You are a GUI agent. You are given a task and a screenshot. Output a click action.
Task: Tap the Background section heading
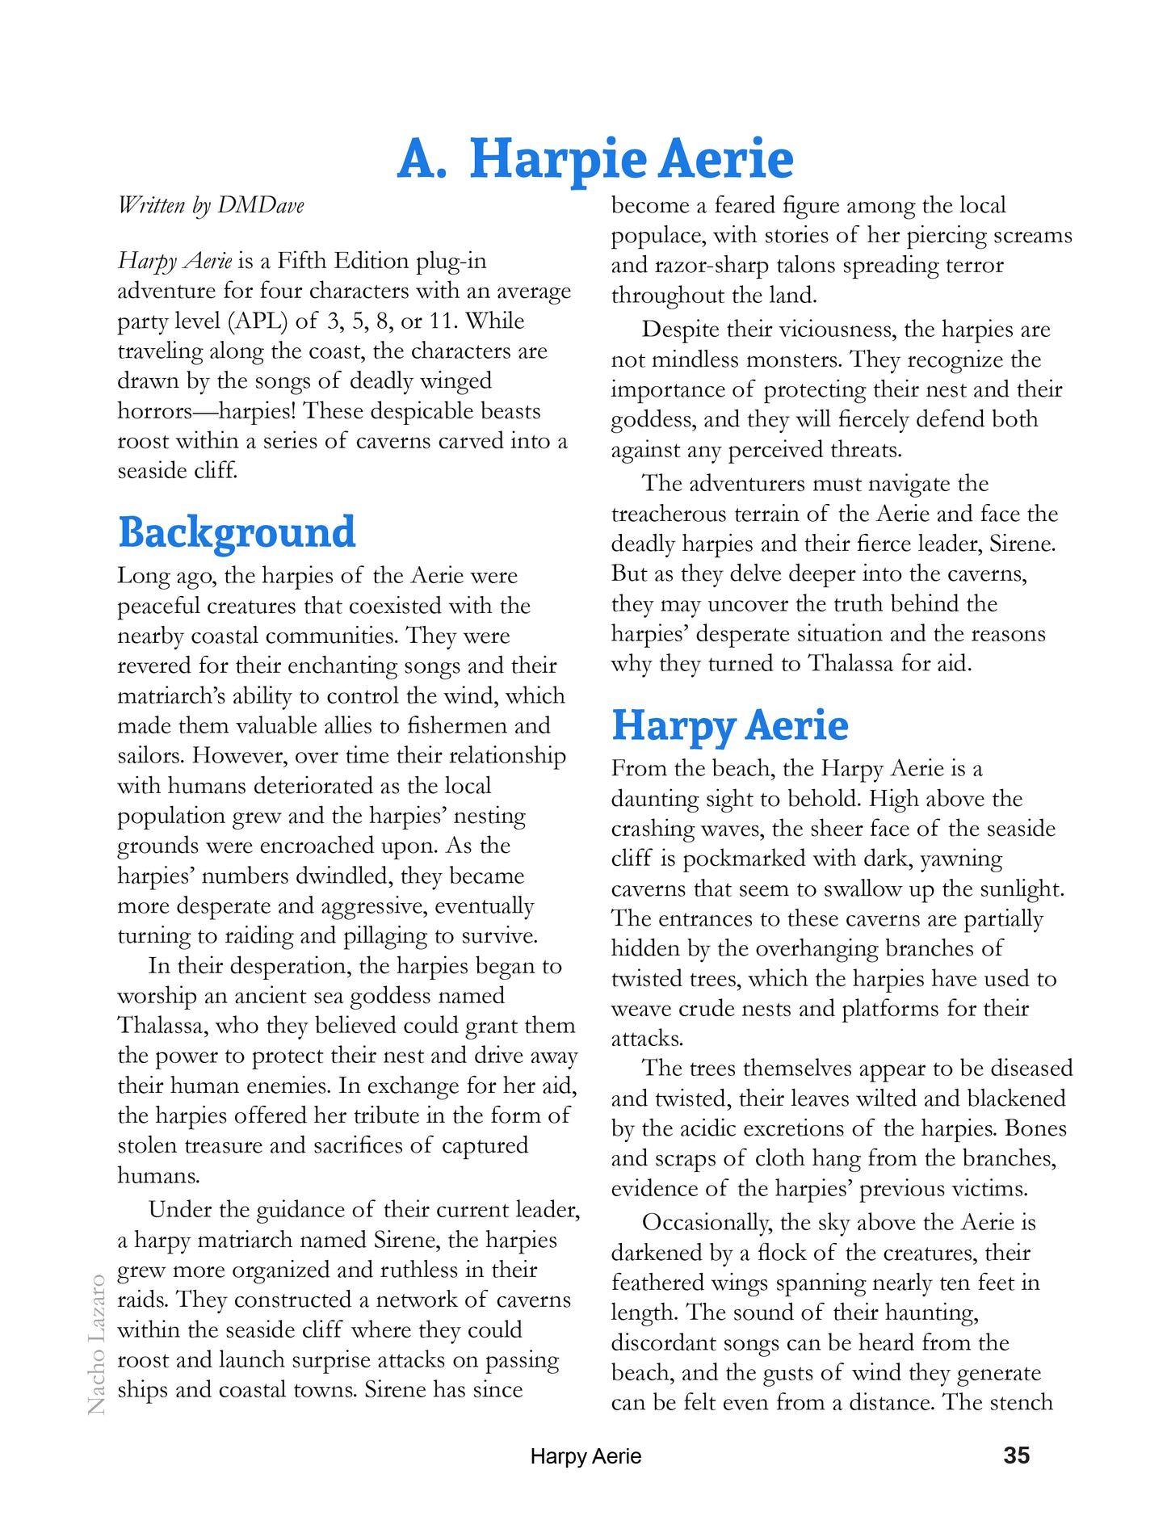(x=237, y=533)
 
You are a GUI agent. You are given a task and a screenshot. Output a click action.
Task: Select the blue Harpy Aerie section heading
(x=729, y=725)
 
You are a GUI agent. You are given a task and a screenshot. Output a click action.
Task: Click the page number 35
(x=1016, y=1455)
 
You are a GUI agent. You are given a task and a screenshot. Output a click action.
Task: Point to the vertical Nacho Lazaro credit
(x=96, y=1344)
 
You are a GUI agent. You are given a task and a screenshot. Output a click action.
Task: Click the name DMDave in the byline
(x=261, y=205)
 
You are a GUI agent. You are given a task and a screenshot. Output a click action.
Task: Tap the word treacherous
(x=671, y=514)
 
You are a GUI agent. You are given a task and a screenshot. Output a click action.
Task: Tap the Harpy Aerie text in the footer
(x=586, y=1456)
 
